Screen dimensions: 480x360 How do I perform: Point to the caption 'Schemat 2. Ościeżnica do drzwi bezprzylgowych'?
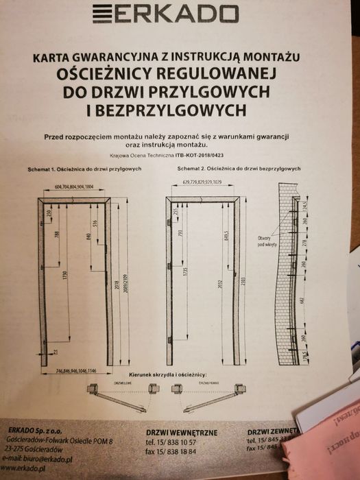(238, 169)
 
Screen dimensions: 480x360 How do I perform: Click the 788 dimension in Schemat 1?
(56, 237)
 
